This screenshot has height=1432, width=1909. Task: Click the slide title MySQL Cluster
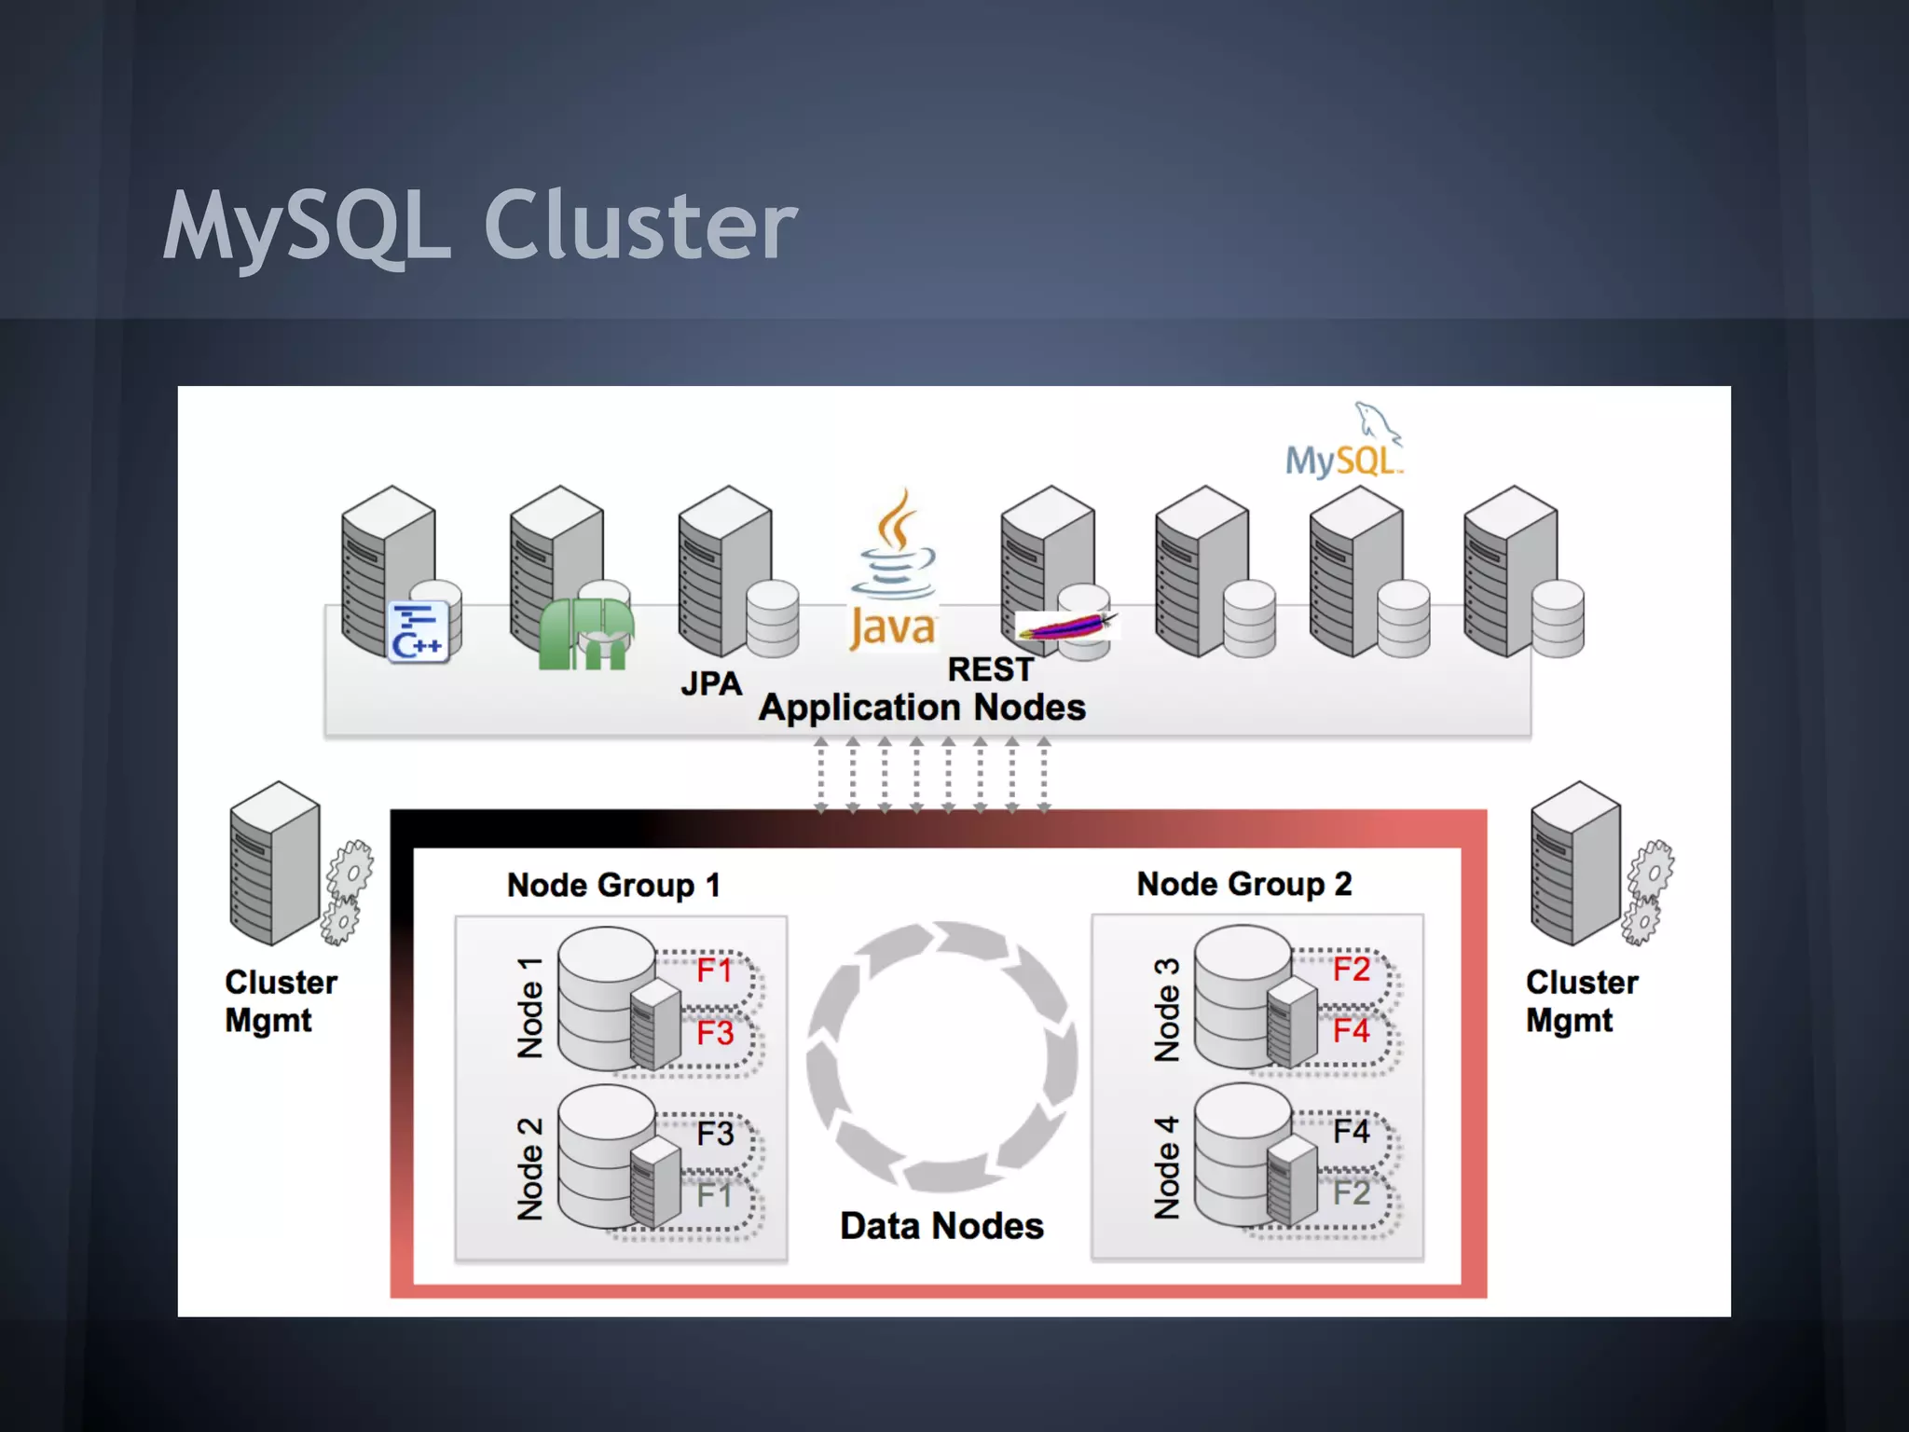[x=480, y=226]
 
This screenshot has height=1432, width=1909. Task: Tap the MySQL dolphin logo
[x=1344, y=441]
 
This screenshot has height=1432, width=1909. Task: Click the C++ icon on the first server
[x=418, y=632]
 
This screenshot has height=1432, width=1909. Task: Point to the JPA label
[x=711, y=684]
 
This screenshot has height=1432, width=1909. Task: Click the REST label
[x=990, y=669]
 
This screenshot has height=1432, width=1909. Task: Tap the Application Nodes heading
[x=922, y=708]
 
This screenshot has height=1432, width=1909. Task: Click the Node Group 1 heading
[x=613, y=885]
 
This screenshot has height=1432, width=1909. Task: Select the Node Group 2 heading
[x=1243, y=884]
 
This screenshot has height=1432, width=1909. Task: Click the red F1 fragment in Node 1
[x=715, y=971]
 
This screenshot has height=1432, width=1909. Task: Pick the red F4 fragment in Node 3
[x=1351, y=1031]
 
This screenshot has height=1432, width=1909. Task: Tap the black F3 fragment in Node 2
[x=715, y=1134]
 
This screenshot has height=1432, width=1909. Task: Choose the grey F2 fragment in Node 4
[x=1351, y=1193]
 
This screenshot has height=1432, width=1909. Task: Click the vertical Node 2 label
[x=529, y=1169]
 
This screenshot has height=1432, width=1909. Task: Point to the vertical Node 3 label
[x=1166, y=1010]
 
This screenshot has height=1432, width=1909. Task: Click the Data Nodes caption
[x=941, y=1226]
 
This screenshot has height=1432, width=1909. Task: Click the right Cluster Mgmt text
[x=1581, y=1001]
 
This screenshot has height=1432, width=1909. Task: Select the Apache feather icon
[x=1065, y=626]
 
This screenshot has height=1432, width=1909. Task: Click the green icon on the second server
[x=586, y=634]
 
